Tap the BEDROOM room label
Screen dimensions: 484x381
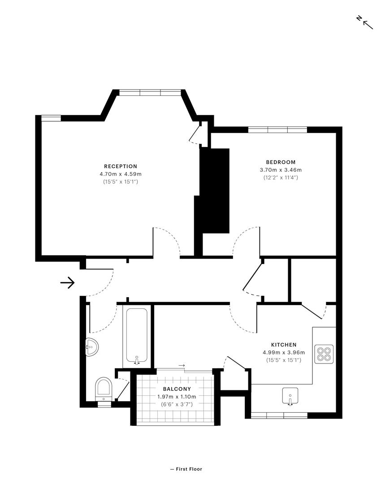click(x=281, y=162)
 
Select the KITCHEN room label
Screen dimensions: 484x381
click(x=283, y=345)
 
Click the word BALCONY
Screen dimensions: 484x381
click(x=177, y=389)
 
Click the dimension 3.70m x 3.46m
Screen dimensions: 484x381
click(x=281, y=170)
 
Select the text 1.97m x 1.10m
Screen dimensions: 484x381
click(x=177, y=397)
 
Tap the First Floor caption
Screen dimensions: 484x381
click(x=186, y=469)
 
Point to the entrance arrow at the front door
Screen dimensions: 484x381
click(x=67, y=282)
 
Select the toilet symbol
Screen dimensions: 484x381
click(x=104, y=389)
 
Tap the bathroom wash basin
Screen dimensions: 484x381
click(x=92, y=347)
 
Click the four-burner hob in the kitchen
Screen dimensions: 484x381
click(x=324, y=354)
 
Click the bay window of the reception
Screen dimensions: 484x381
click(x=150, y=92)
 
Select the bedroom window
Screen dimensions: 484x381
click(x=277, y=130)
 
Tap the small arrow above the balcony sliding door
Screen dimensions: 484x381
click(x=181, y=366)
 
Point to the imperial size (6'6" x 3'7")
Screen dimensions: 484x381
click(x=177, y=404)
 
